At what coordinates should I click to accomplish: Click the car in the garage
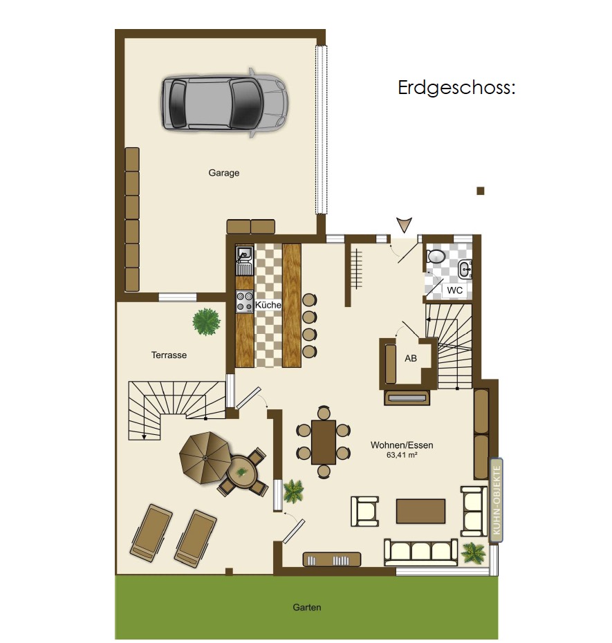[x=224, y=103]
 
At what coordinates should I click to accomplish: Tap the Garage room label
[x=223, y=173]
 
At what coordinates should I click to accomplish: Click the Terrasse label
[x=169, y=355]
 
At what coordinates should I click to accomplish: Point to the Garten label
[x=307, y=607]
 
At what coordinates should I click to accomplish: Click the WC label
[x=454, y=290]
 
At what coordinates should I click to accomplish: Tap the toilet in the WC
[x=436, y=257]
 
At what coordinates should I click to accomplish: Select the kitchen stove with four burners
[x=245, y=301]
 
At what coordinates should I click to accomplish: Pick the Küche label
[x=268, y=305]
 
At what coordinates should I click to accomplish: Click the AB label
[x=411, y=358]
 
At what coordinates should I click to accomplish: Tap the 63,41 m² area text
[x=402, y=455]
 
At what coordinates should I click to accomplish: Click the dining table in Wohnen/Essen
[x=324, y=442]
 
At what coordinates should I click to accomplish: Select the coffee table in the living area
[x=420, y=511]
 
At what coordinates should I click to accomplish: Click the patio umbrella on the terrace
[x=205, y=458]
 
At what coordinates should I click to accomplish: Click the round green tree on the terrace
[x=206, y=321]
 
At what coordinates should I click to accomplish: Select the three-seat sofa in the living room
[x=420, y=552]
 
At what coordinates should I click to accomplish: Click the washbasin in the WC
[x=465, y=270]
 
